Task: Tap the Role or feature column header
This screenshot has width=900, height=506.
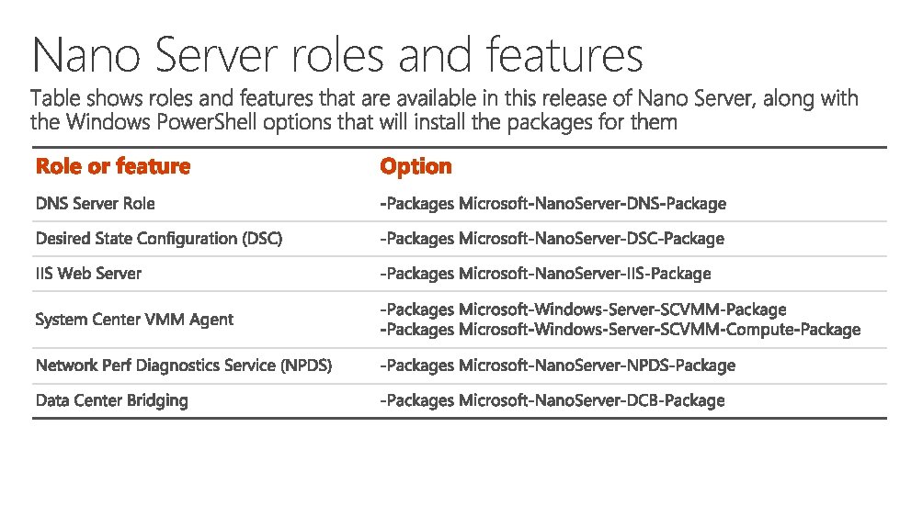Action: (113, 166)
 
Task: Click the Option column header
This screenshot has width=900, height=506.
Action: (416, 166)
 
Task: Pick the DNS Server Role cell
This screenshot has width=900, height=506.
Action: (96, 203)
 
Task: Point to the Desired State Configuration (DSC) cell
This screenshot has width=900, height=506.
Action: (159, 239)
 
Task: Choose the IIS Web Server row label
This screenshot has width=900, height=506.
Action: (89, 274)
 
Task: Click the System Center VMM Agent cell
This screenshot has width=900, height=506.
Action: (134, 320)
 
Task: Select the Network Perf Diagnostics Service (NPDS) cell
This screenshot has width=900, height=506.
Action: (184, 365)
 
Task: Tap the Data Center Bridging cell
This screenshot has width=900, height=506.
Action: (111, 400)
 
